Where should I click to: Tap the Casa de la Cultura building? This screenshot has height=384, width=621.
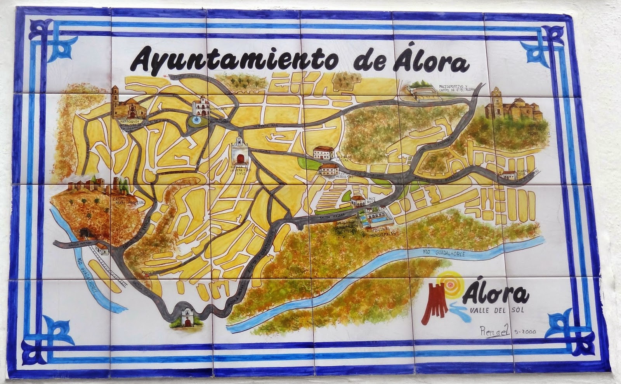tap(323, 153)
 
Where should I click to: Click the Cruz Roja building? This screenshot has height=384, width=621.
tap(357, 201)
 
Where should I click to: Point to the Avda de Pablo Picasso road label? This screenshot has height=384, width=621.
tap(437, 179)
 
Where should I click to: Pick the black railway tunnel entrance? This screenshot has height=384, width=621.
tap(84, 232)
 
